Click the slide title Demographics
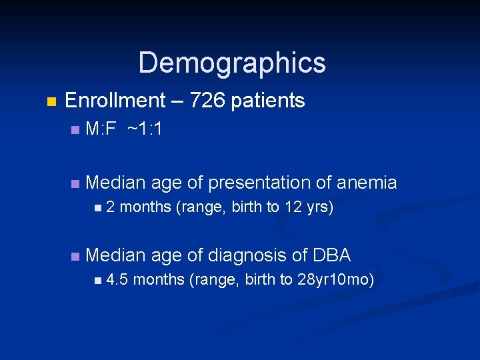pos(232,63)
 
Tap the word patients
pos(267,101)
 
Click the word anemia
pos(367,183)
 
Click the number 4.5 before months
pos(117,279)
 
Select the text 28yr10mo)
pos(335,279)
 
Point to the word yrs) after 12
pos(319,207)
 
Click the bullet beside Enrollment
pos(51,102)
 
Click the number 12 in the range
pos(293,207)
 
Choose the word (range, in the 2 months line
pos(201,207)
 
